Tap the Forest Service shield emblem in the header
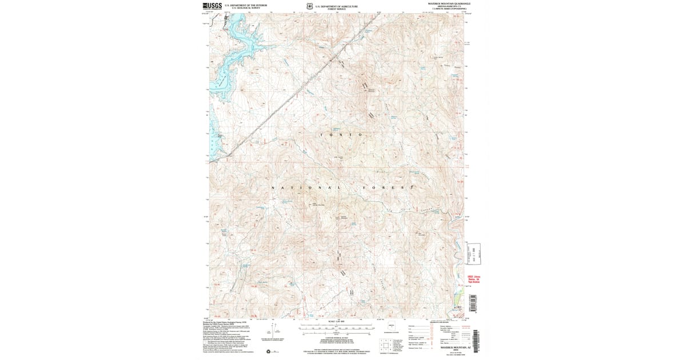[310, 6]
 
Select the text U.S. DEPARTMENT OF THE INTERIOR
[246, 5]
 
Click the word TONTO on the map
[341, 134]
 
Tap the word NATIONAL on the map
[305, 188]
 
